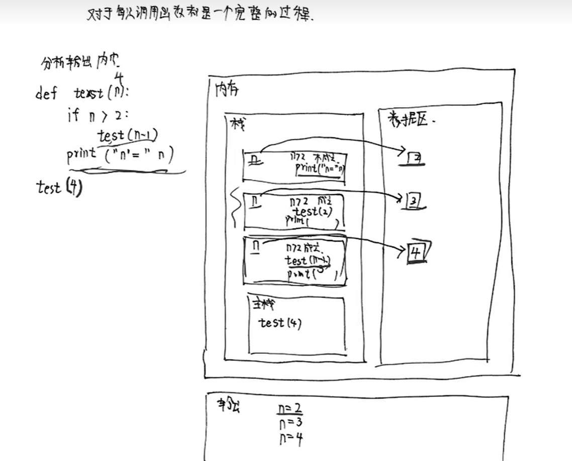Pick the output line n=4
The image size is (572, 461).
pos(291,439)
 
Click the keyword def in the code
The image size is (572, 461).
pos(46,94)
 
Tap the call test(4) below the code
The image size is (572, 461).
pos(59,188)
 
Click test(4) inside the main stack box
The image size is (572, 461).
pos(280,323)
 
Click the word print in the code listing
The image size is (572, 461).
pos(81,153)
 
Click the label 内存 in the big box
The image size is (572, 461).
pos(227,90)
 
